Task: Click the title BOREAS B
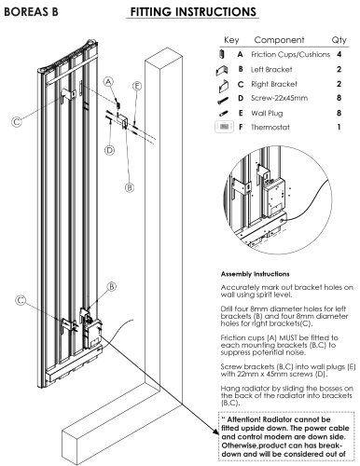(x=31, y=12)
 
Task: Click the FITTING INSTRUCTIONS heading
(x=193, y=12)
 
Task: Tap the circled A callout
(x=108, y=82)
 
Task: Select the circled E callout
(x=137, y=86)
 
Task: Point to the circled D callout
(x=109, y=150)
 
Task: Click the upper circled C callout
(x=17, y=121)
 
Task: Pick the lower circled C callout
(x=21, y=300)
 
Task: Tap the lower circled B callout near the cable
(x=112, y=286)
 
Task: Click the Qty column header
(x=339, y=40)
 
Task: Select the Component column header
(x=279, y=40)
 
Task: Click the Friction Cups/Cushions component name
(x=290, y=54)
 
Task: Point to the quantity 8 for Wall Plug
(x=339, y=113)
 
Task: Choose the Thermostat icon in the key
(x=224, y=127)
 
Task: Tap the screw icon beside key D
(x=223, y=101)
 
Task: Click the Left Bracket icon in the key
(x=222, y=71)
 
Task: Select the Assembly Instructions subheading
(x=255, y=274)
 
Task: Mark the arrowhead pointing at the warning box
(x=216, y=431)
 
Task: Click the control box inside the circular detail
(x=274, y=198)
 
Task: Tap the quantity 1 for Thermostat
(x=339, y=127)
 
